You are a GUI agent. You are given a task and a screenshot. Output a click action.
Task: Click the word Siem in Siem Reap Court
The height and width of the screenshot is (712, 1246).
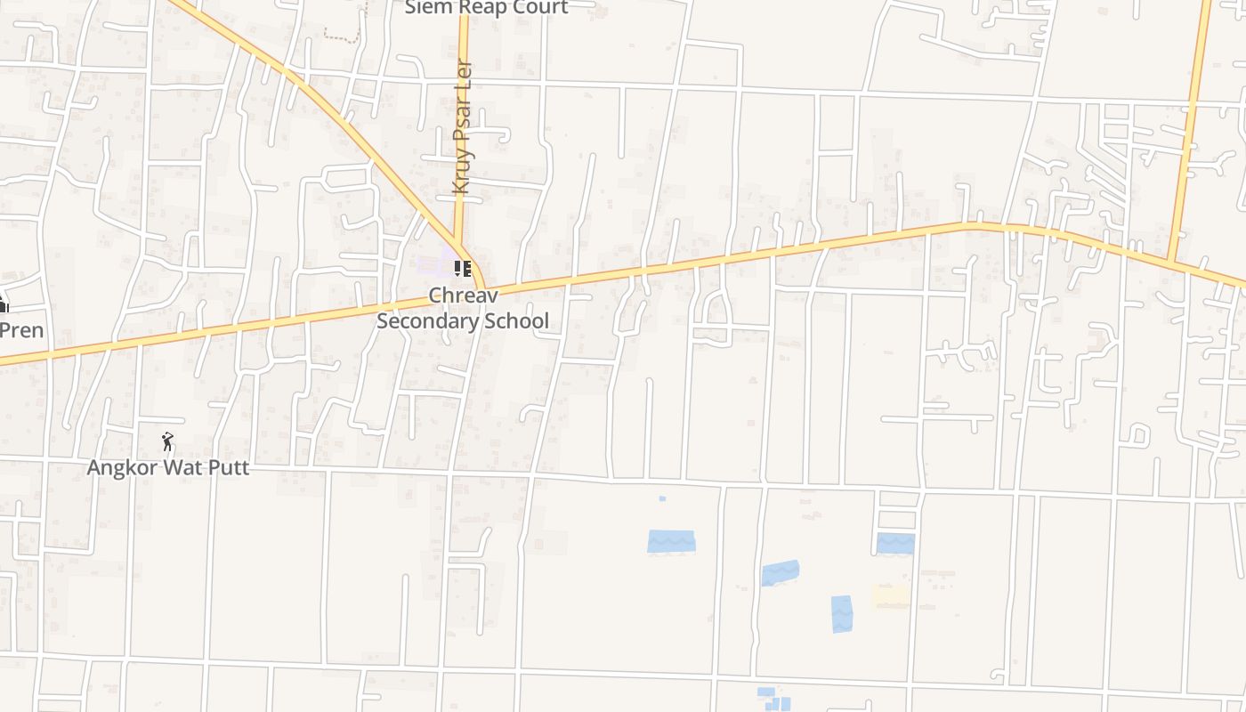coord(426,7)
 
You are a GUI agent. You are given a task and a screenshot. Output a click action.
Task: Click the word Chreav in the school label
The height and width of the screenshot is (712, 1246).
coord(462,295)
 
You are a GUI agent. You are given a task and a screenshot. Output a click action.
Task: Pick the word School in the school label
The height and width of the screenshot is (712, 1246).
coord(518,320)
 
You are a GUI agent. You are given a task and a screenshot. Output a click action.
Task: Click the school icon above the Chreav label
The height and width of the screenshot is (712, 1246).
coord(462,268)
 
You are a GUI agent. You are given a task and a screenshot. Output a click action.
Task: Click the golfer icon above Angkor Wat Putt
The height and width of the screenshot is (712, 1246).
coord(167,441)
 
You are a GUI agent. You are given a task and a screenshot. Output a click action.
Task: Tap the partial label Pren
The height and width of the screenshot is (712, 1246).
coord(21,330)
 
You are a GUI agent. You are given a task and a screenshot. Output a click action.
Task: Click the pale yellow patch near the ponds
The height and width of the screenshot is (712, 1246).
coord(891,596)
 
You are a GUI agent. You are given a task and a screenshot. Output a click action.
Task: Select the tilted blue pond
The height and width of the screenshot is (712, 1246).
coord(780,572)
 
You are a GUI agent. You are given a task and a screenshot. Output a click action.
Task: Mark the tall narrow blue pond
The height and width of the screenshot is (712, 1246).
coord(841,613)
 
